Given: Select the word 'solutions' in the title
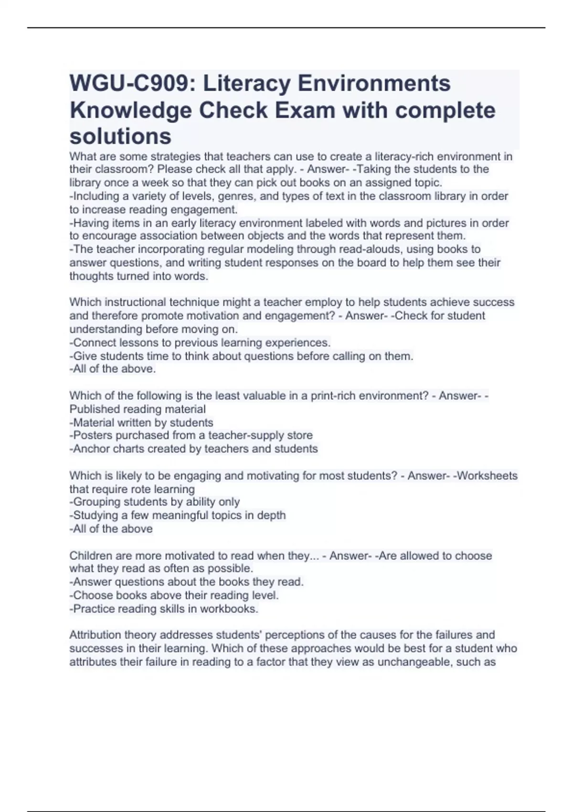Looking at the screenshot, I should pyautogui.click(x=120, y=137).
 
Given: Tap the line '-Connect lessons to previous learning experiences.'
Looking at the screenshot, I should pyautogui.click(x=200, y=343).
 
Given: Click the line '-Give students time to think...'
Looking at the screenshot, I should pyautogui.click(x=242, y=356).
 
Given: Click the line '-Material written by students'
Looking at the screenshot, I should pyautogui.click(x=141, y=423).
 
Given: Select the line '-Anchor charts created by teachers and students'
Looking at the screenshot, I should pyautogui.click(x=193, y=449).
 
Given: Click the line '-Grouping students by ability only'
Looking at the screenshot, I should pyautogui.click(x=155, y=502).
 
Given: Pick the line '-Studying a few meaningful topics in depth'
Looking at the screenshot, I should pyautogui.click(x=178, y=515).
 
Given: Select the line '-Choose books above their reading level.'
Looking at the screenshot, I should pyautogui.click(x=174, y=596).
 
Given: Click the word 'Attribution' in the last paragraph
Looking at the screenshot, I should pyautogui.click(x=95, y=635).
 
